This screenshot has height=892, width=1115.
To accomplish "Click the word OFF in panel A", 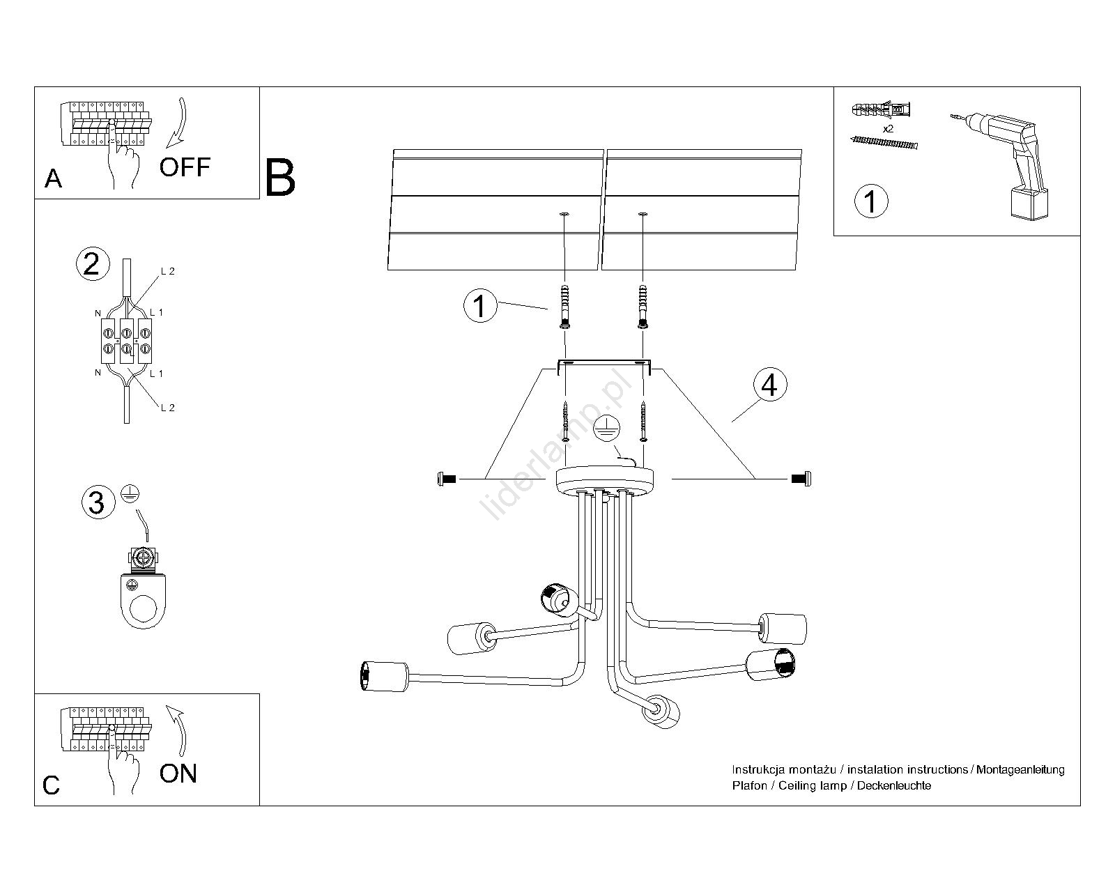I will coord(185,167).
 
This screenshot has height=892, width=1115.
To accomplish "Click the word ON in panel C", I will coord(178,774).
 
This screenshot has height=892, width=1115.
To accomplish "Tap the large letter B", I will coord(280,178).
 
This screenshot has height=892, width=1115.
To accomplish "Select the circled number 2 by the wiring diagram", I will coord(92,265).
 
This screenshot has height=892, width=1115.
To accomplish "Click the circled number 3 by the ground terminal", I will coord(97,502).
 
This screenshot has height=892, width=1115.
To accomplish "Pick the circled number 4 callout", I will coord(769,385).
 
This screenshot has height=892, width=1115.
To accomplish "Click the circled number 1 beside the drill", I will coord(870,201).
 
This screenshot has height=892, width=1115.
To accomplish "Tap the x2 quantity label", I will coord(888,129).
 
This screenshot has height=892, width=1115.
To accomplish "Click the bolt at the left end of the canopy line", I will coord(445,479).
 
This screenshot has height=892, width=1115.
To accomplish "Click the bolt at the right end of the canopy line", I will coord(802,479).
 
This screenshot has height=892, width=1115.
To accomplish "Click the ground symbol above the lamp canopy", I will coord(606,430).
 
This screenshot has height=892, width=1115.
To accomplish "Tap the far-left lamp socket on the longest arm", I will coord(383,675).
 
